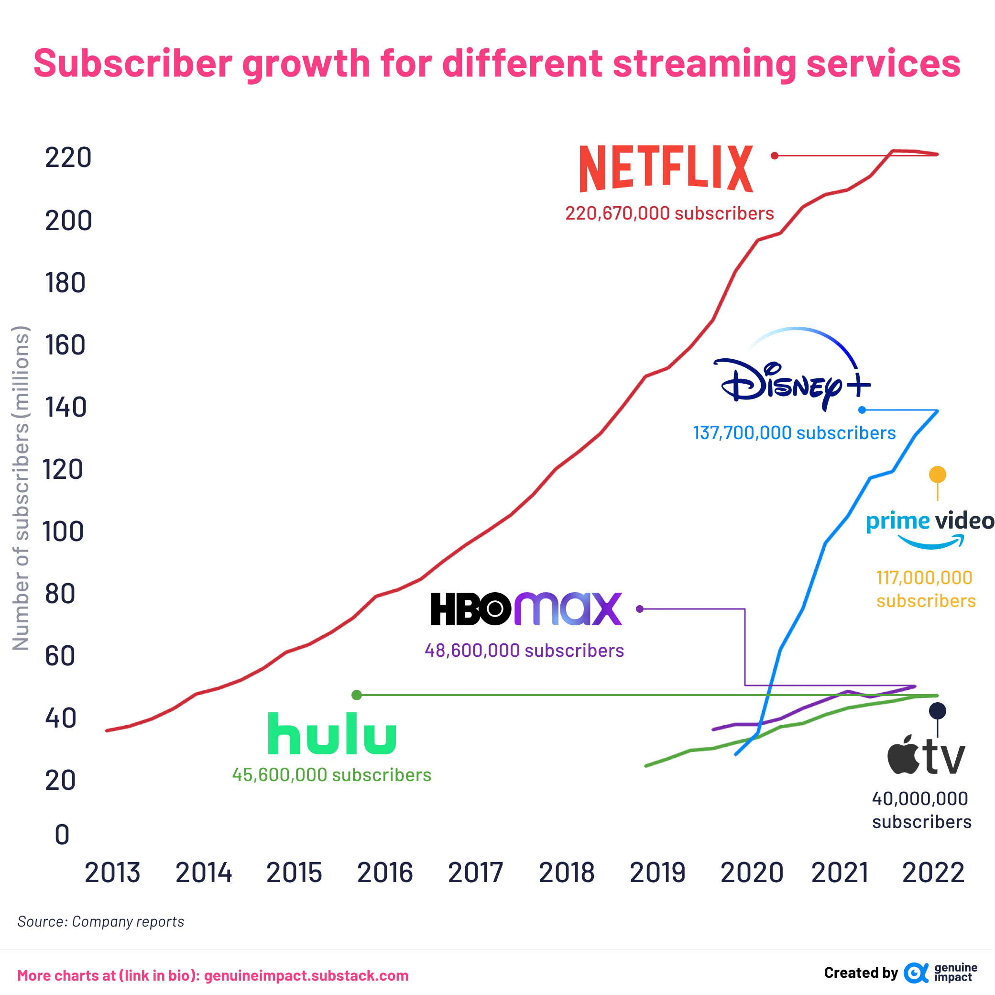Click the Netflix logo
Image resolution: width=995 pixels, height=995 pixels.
coord(666,168)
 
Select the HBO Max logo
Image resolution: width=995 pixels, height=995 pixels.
coord(526,608)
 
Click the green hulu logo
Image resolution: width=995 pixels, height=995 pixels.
coord(332,733)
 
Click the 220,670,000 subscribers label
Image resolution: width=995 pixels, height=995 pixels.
coord(669,213)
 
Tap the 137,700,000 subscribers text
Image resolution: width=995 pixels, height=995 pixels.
coord(794,433)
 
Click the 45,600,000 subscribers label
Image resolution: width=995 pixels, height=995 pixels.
coord(332,775)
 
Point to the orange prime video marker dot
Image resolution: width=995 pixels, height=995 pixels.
coord(937,474)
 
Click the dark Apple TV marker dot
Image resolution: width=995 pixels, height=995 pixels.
coord(937,711)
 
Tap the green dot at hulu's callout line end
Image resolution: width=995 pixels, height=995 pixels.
coord(356,695)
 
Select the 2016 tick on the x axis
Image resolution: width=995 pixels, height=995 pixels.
coord(385,873)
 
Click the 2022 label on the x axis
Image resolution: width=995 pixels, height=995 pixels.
coord(933,873)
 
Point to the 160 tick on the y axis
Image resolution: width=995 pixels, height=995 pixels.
coord(65,345)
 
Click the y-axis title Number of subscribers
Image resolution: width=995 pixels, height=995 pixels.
coord(21,488)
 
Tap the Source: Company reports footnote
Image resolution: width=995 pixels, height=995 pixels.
coord(101,921)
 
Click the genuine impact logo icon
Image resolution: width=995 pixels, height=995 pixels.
coord(916,973)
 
